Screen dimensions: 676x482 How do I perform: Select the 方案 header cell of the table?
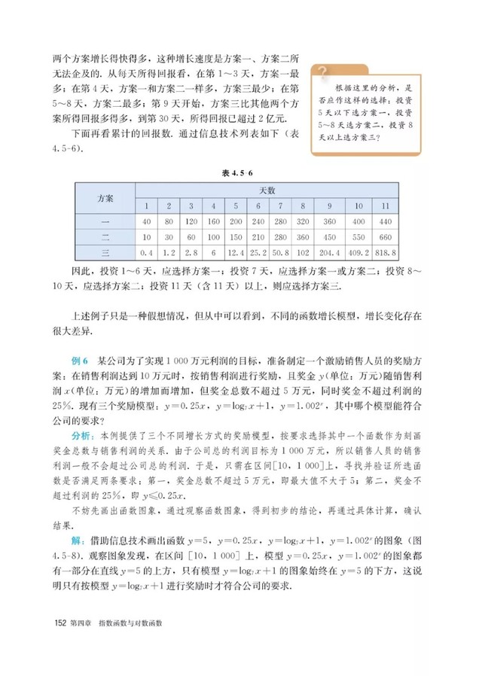105,198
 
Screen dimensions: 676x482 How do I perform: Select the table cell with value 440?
383,221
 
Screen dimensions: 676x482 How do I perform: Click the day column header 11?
383,206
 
